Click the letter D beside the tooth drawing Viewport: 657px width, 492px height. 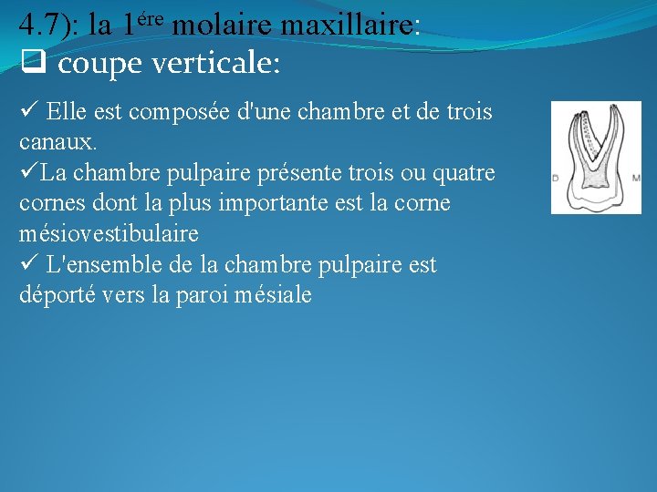556,177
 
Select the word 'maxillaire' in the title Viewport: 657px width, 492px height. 350,26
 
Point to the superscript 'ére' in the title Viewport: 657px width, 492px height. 150,18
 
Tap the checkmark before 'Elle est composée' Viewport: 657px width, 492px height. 27,112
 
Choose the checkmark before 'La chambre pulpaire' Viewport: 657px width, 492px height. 28,173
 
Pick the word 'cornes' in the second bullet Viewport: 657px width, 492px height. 51,203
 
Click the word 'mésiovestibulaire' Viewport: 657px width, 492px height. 108,234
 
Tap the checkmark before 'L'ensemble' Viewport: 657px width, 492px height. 27,265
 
